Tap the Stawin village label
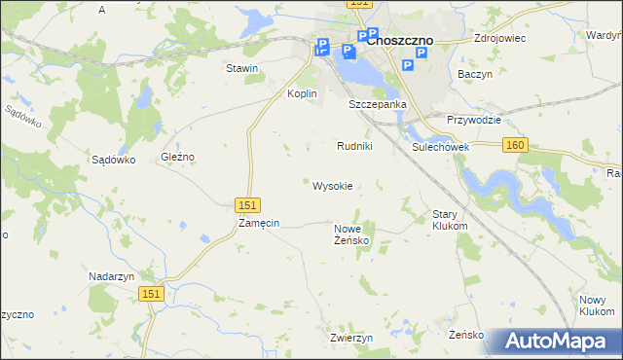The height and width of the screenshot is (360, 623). click(241, 68)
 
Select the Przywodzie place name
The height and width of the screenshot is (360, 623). click(473, 120)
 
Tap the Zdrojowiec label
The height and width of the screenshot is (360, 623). click(499, 39)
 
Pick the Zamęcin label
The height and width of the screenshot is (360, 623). click(259, 223)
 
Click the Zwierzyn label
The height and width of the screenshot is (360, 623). click(351, 338)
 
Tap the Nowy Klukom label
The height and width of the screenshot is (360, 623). click(596, 305)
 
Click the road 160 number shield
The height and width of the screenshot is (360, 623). click(515, 145)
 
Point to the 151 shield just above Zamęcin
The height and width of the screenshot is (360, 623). click(247, 204)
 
